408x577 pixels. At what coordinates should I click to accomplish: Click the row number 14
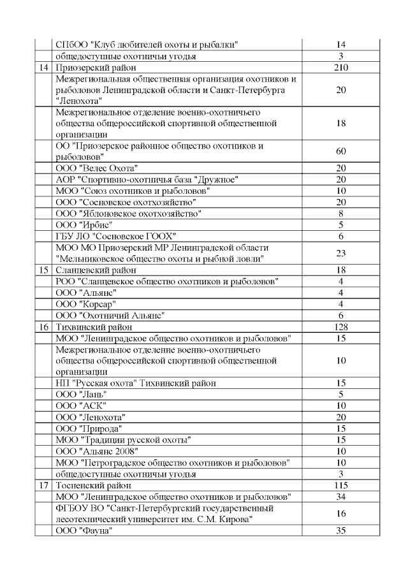[43, 68]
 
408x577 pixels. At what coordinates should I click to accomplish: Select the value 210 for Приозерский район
[340, 68]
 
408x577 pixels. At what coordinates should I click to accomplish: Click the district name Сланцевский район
[95, 270]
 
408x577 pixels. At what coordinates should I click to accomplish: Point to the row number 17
[43, 485]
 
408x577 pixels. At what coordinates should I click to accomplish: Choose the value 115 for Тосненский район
[340, 485]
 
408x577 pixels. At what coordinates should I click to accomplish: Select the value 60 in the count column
[340, 151]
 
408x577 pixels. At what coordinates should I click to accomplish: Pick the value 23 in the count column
[340, 252]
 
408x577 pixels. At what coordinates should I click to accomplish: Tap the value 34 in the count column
[340, 497]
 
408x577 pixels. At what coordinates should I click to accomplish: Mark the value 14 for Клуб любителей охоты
[340, 45]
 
